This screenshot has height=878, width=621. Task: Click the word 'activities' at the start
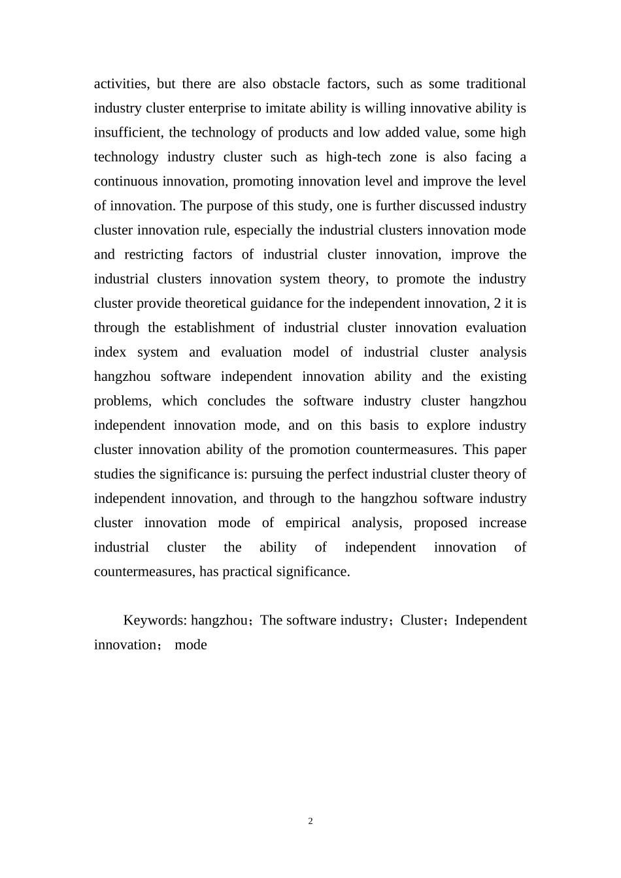pos(120,84)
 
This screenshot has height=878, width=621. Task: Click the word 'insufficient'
pos(128,133)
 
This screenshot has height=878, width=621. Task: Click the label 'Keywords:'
pos(156,620)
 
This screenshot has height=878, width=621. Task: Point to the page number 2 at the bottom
pos(310,821)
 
